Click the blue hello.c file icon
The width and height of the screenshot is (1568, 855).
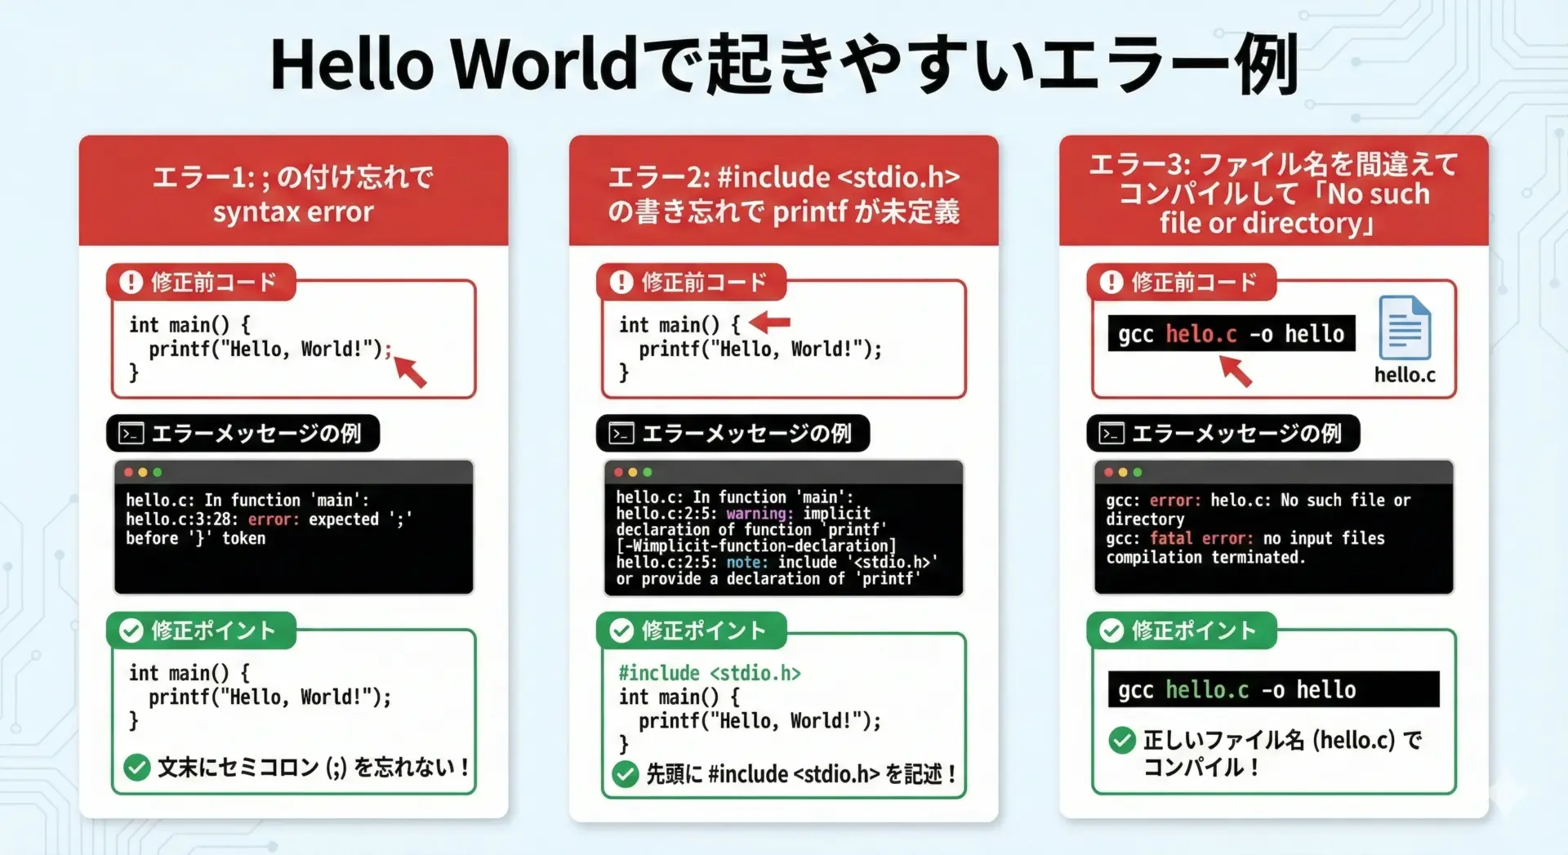pos(1405,327)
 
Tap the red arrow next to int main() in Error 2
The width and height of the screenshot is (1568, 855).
pos(769,323)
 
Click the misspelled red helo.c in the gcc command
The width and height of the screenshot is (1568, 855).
pos(1201,334)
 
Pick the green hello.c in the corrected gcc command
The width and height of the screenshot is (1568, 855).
pos(1207,690)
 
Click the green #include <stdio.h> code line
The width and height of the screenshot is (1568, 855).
pos(710,673)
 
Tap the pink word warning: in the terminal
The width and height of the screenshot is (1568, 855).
pos(759,514)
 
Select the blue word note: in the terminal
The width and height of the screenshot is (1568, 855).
pos(747,563)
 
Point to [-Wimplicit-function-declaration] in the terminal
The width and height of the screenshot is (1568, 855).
pos(756,546)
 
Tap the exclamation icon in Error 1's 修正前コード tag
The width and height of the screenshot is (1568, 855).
pos(131,282)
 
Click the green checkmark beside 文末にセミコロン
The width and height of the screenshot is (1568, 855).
pos(136,767)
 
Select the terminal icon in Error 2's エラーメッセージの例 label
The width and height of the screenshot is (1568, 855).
pos(621,433)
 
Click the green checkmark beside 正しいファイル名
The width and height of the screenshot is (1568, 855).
pos(1122,740)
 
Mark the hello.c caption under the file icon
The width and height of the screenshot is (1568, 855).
pos(1405,375)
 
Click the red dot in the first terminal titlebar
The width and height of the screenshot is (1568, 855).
pos(128,472)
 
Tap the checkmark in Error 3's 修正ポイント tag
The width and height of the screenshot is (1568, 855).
pos(1111,630)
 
